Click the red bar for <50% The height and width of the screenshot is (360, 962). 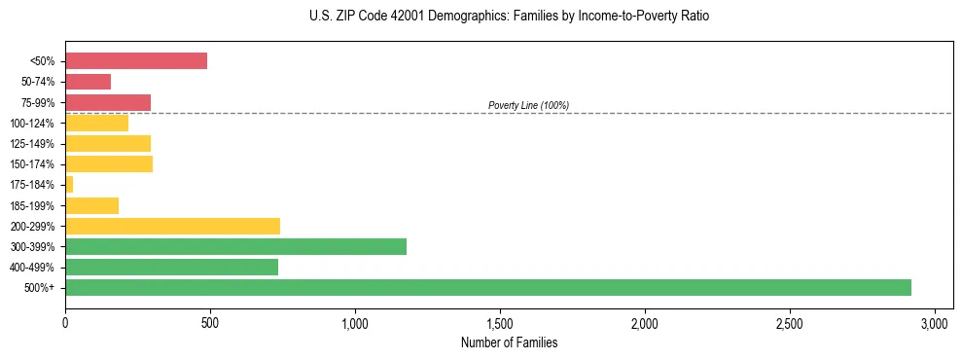click(x=136, y=60)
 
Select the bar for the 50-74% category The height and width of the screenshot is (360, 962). click(x=89, y=82)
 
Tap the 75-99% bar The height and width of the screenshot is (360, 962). click(x=108, y=102)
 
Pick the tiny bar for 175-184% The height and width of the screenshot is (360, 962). click(x=69, y=184)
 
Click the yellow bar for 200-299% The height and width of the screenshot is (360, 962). click(x=172, y=226)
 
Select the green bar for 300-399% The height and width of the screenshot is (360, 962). click(x=235, y=246)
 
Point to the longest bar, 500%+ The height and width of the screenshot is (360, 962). click(x=486, y=287)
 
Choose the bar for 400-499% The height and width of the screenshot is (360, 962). click(x=171, y=267)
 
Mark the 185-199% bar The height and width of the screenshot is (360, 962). click(x=91, y=205)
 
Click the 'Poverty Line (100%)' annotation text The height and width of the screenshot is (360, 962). click(x=528, y=105)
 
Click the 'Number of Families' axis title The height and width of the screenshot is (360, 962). click(x=509, y=342)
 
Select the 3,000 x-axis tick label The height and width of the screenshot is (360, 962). click(x=935, y=322)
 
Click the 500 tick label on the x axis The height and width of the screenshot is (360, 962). click(x=210, y=322)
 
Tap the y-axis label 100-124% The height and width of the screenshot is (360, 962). click(x=32, y=124)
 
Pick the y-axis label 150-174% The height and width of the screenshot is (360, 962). click(x=32, y=164)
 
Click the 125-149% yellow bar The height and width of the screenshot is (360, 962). click(x=108, y=143)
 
